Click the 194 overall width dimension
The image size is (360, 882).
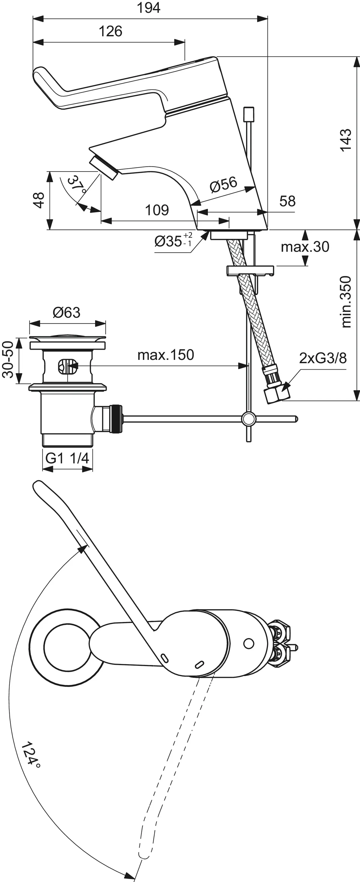[x=149, y=8]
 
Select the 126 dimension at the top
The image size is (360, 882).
[x=110, y=31]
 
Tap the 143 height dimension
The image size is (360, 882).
[x=345, y=139]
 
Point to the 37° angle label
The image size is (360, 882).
[x=76, y=185]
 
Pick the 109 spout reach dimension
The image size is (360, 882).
[x=157, y=210]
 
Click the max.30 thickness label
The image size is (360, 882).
[x=305, y=247]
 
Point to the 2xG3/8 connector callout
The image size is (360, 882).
[x=323, y=358]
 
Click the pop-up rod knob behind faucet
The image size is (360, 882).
[x=248, y=113]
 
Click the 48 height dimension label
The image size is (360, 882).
[x=39, y=200]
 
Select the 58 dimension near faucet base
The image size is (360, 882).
[x=287, y=201]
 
